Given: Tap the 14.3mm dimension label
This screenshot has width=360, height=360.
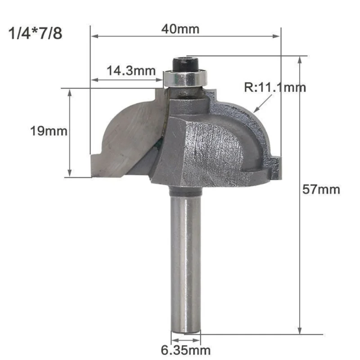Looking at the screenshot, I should click(131, 71).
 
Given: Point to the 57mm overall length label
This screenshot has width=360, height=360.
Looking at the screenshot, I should click(320, 189).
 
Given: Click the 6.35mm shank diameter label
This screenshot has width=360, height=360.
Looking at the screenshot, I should click(185, 350).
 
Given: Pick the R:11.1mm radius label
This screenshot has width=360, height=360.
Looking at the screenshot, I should click(275, 87).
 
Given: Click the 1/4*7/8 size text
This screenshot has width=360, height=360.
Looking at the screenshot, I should click(36, 34).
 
